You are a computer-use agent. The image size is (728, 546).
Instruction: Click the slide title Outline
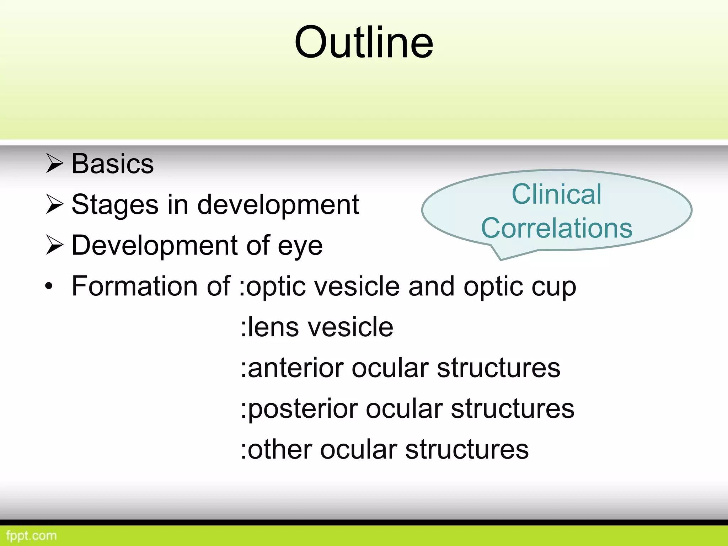(x=364, y=43)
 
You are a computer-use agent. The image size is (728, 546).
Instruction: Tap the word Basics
(x=113, y=164)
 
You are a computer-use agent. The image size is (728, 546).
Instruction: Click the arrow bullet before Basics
(x=54, y=164)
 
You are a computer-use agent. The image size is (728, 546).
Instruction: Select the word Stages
(x=115, y=205)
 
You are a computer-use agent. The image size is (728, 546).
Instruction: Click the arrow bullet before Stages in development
(x=54, y=205)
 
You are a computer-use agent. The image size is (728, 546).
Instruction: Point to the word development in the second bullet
(x=278, y=205)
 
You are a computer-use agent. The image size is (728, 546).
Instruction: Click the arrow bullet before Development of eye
(x=54, y=246)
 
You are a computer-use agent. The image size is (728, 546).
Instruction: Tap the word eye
(x=300, y=246)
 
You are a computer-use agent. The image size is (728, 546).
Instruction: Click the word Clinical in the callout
(x=556, y=194)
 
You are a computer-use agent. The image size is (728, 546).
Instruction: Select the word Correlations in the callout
(x=557, y=228)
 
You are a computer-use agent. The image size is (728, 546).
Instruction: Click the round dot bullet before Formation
(x=49, y=286)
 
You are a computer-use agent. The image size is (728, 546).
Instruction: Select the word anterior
(x=295, y=368)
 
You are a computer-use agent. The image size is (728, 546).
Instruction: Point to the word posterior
(x=303, y=409)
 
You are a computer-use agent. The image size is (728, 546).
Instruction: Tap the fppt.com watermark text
(x=31, y=536)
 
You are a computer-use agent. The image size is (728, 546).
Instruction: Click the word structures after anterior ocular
(x=498, y=368)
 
